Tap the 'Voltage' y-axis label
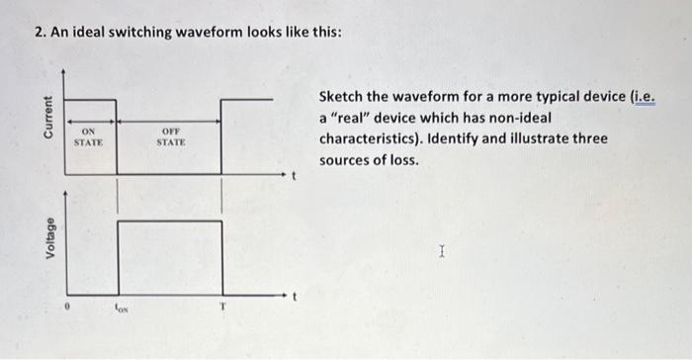tap(45, 239)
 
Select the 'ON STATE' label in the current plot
tap(89, 136)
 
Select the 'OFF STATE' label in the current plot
tap(171, 136)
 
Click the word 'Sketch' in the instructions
tap(342, 98)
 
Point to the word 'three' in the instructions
tap(588, 138)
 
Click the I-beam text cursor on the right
tap(442, 254)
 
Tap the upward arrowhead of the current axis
tap(64, 72)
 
